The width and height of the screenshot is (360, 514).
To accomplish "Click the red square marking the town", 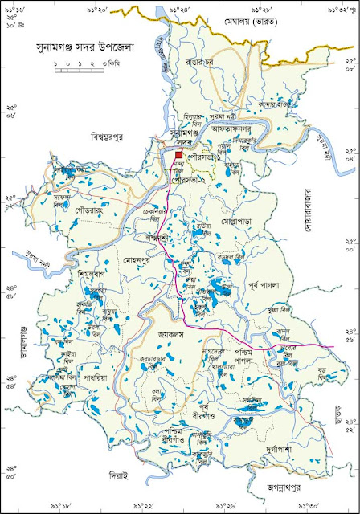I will tap(178, 156).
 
